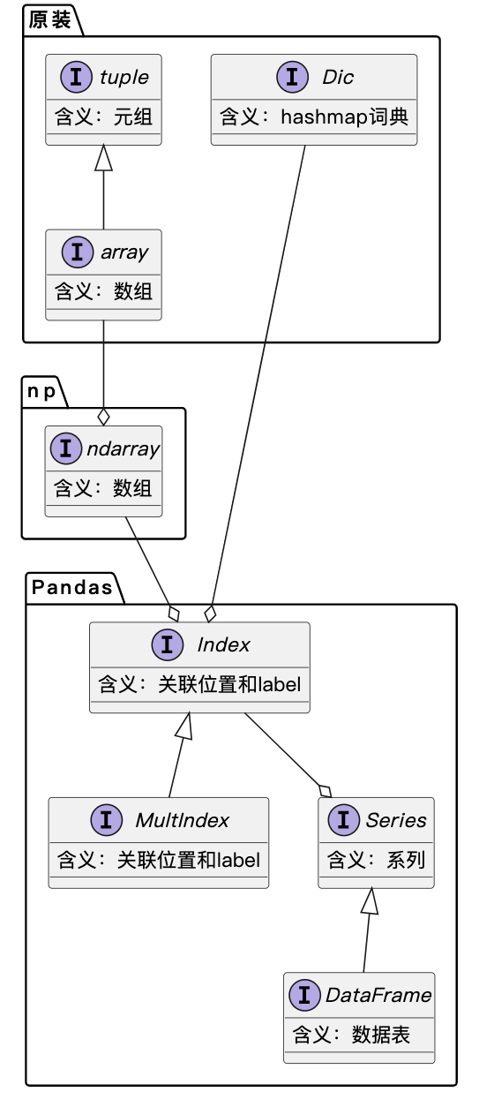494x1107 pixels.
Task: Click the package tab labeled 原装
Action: (x=49, y=20)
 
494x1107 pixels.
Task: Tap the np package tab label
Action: (x=41, y=391)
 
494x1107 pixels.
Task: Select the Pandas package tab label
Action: (x=72, y=587)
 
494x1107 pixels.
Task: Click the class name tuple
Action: (x=124, y=78)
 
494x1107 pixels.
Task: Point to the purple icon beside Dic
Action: (x=292, y=77)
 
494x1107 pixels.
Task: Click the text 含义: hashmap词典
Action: (x=314, y=117)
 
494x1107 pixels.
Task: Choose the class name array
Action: (x=124, y=252)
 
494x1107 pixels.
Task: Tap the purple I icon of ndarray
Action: (x=65, y=448)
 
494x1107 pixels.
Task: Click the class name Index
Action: (x=223, y=645)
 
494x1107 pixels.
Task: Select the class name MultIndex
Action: (x=183, y=820)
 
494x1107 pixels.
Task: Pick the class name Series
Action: (x=396, y=820)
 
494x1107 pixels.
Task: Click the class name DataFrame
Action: (x=378, y=995)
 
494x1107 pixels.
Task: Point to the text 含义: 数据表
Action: (x=351, y=1035)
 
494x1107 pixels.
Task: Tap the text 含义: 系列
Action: (x=376, y=860)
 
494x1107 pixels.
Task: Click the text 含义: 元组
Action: (x=103, y=117)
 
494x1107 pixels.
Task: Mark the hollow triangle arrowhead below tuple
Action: (x=104, y=158)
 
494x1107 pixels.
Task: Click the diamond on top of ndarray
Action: (x=104, y=417)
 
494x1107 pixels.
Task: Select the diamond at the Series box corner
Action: (x=326, y=791)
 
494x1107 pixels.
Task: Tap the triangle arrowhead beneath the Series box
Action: (x=370, y=901)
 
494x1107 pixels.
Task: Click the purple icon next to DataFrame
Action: (x=304, y=995)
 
